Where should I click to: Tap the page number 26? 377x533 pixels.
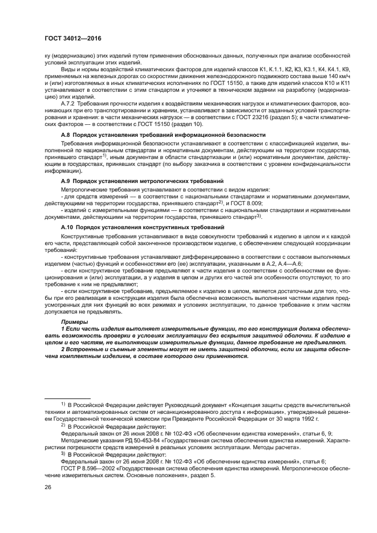pyautogui.click(x=47, y=486)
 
